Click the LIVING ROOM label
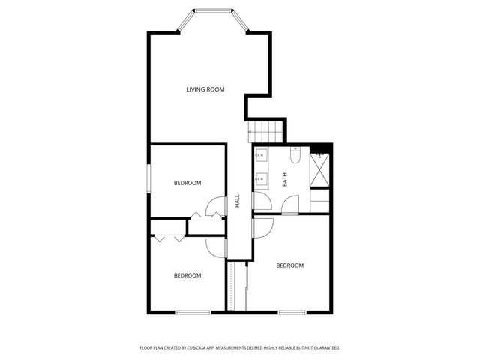(205, 90)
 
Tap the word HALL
(237, 201)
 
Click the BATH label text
(284, 180)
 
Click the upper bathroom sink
(262, 156)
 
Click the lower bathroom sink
(262, 179)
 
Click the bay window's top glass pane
(212, 10)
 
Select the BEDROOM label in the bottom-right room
(289, 265)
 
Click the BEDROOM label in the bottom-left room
(187, 275)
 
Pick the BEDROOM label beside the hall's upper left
(187, 183)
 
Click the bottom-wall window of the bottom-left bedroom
(193, 311)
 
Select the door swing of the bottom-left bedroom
(216, 246)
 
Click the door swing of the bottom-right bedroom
(262, 226)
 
